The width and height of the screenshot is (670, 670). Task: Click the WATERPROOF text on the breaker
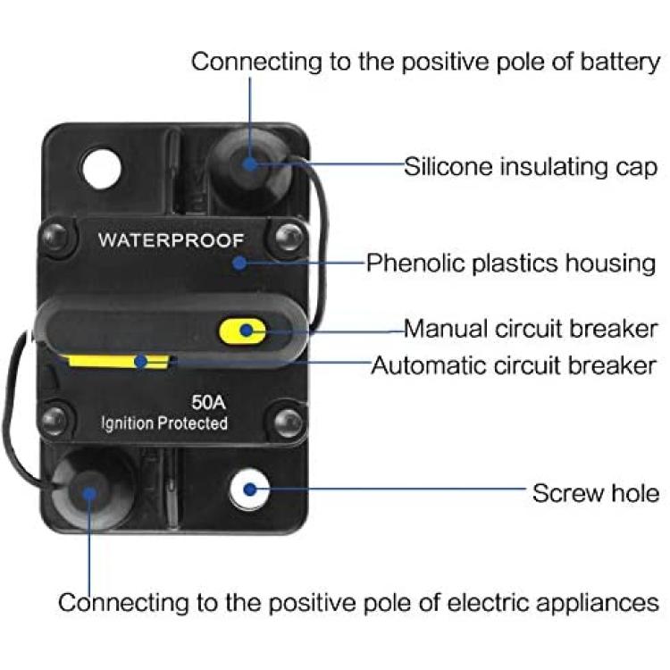pos(171,240)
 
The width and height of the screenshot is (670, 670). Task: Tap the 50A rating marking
pos(208,402)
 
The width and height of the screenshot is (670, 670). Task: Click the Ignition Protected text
pos(164,423)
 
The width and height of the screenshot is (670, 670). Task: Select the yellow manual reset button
pos(242,331)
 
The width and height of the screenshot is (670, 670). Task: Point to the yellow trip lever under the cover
pos(116,361)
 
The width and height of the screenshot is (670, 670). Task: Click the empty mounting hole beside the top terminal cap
pos(101,168)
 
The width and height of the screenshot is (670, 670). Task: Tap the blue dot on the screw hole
pos(250,490)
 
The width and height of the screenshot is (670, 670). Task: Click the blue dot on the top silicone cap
pos(249,163)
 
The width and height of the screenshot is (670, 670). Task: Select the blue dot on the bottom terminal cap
pos(89,494)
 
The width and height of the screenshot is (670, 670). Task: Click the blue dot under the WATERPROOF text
pos(240,263)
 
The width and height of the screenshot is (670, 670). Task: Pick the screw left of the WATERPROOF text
pos(56,238)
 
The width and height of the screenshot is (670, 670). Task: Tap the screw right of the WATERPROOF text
pos(289,238)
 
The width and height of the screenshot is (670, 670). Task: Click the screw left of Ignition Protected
pos(55,420)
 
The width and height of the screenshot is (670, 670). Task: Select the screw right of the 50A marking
pos(288,423)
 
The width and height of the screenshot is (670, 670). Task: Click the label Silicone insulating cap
pos(531,167)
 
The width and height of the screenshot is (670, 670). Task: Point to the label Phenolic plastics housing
pos(511,263)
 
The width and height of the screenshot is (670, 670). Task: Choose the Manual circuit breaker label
pos(531,329)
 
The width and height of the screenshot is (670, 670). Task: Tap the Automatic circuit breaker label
pos(513,365)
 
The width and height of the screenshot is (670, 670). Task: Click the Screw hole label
pos(596,493)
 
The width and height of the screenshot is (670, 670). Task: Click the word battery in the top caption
pos(620,63)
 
